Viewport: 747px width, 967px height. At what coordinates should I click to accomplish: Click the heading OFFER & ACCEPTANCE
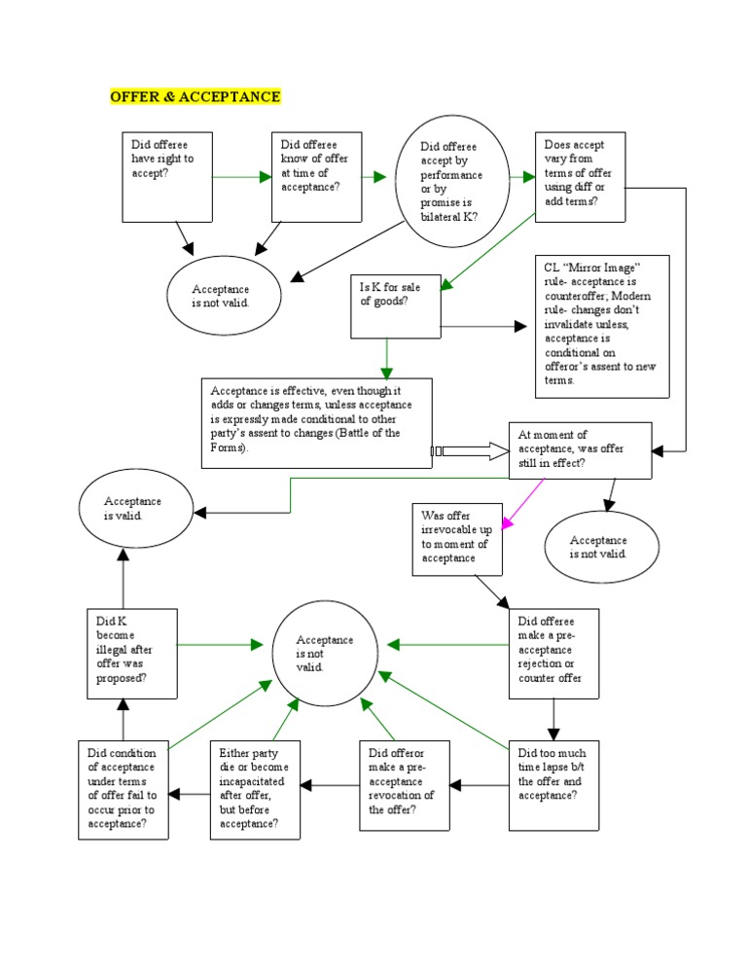coord(196,96)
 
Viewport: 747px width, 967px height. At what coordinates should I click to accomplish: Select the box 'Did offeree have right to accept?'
coord(166,176)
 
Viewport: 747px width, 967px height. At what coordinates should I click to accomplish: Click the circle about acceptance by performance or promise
coord(452,181)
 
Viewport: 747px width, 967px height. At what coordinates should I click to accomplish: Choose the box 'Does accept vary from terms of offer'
coord(580,175)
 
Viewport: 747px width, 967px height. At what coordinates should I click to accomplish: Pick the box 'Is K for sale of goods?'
coord(396,305)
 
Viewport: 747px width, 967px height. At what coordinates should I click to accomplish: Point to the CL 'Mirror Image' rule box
coord(603,326)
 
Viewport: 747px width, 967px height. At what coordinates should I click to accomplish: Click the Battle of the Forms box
coord(317,422)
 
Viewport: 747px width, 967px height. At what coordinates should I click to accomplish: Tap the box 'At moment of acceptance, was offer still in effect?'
coord(581,450)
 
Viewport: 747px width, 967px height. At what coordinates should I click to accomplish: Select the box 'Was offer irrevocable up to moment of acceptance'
coord(456,539)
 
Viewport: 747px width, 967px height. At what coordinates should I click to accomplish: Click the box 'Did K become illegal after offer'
coord(132,654)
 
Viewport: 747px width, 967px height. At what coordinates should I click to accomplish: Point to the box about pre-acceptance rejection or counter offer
coord(553,654)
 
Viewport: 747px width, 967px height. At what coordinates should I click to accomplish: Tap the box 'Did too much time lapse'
coord(553,785)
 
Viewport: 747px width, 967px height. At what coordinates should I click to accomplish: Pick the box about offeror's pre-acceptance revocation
coord(405,785)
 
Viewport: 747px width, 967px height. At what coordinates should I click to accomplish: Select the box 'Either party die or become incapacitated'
coord(256,789)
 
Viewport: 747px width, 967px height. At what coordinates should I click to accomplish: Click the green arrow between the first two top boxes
coord(242,176)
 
